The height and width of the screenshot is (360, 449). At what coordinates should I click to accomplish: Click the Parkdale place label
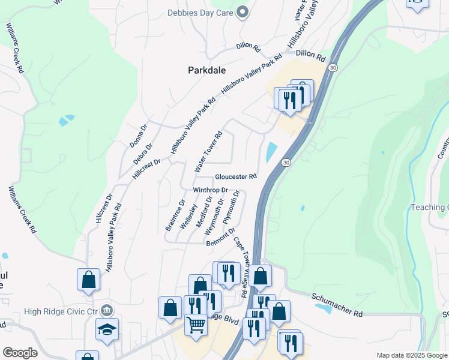tap(206, 70)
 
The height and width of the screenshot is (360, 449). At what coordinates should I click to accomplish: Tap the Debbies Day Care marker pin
tap(243, 11)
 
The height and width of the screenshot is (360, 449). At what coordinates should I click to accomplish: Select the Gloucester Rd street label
tap(236, 177)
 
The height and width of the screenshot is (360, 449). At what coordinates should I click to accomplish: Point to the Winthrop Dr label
tap(210, 190)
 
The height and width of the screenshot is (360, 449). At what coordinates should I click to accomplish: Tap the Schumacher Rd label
tap(337, 305)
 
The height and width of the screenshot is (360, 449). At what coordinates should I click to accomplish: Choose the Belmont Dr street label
tap(220, 238)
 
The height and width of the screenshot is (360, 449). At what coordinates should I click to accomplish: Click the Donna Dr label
tap(138, 136)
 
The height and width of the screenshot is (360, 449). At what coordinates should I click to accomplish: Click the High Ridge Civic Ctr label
tap(61, 311)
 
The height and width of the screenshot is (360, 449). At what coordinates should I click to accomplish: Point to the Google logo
tap(20, 353)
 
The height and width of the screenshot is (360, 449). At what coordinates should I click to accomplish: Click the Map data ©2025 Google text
tap(411, 355)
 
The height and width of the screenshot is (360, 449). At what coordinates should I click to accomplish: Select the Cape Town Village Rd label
tap(241, 268)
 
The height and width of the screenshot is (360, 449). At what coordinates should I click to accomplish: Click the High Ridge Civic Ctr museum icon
tap(106, 310)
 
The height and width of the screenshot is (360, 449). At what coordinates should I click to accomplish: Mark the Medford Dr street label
tap(209, 208)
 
